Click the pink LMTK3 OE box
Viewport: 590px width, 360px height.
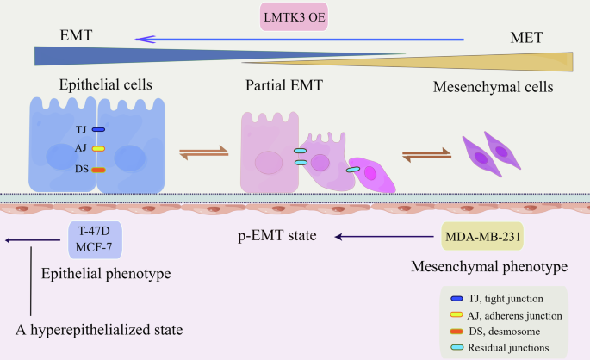click(x=295, y=16)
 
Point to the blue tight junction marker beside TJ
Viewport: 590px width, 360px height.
click(x=98, y=129)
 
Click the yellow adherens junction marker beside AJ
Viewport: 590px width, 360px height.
click(x=98, y=149)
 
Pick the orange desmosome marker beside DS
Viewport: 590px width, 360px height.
click(x=98, y=170)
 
